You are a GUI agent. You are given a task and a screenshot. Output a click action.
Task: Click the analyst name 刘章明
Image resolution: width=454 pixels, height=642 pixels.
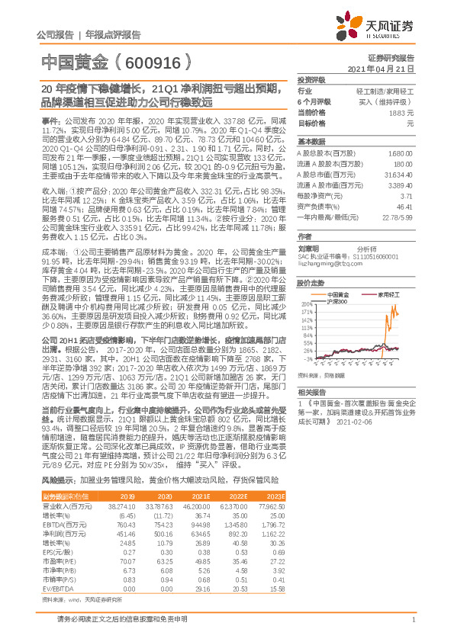pos(307,248)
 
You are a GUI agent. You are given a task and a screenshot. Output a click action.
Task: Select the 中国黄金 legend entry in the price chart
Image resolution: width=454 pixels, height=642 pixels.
pos(338,294)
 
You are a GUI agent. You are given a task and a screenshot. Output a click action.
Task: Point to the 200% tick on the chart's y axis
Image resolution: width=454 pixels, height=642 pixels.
pos(306,303)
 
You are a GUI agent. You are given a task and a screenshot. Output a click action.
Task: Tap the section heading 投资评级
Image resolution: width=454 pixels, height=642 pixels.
pos(311,79)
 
